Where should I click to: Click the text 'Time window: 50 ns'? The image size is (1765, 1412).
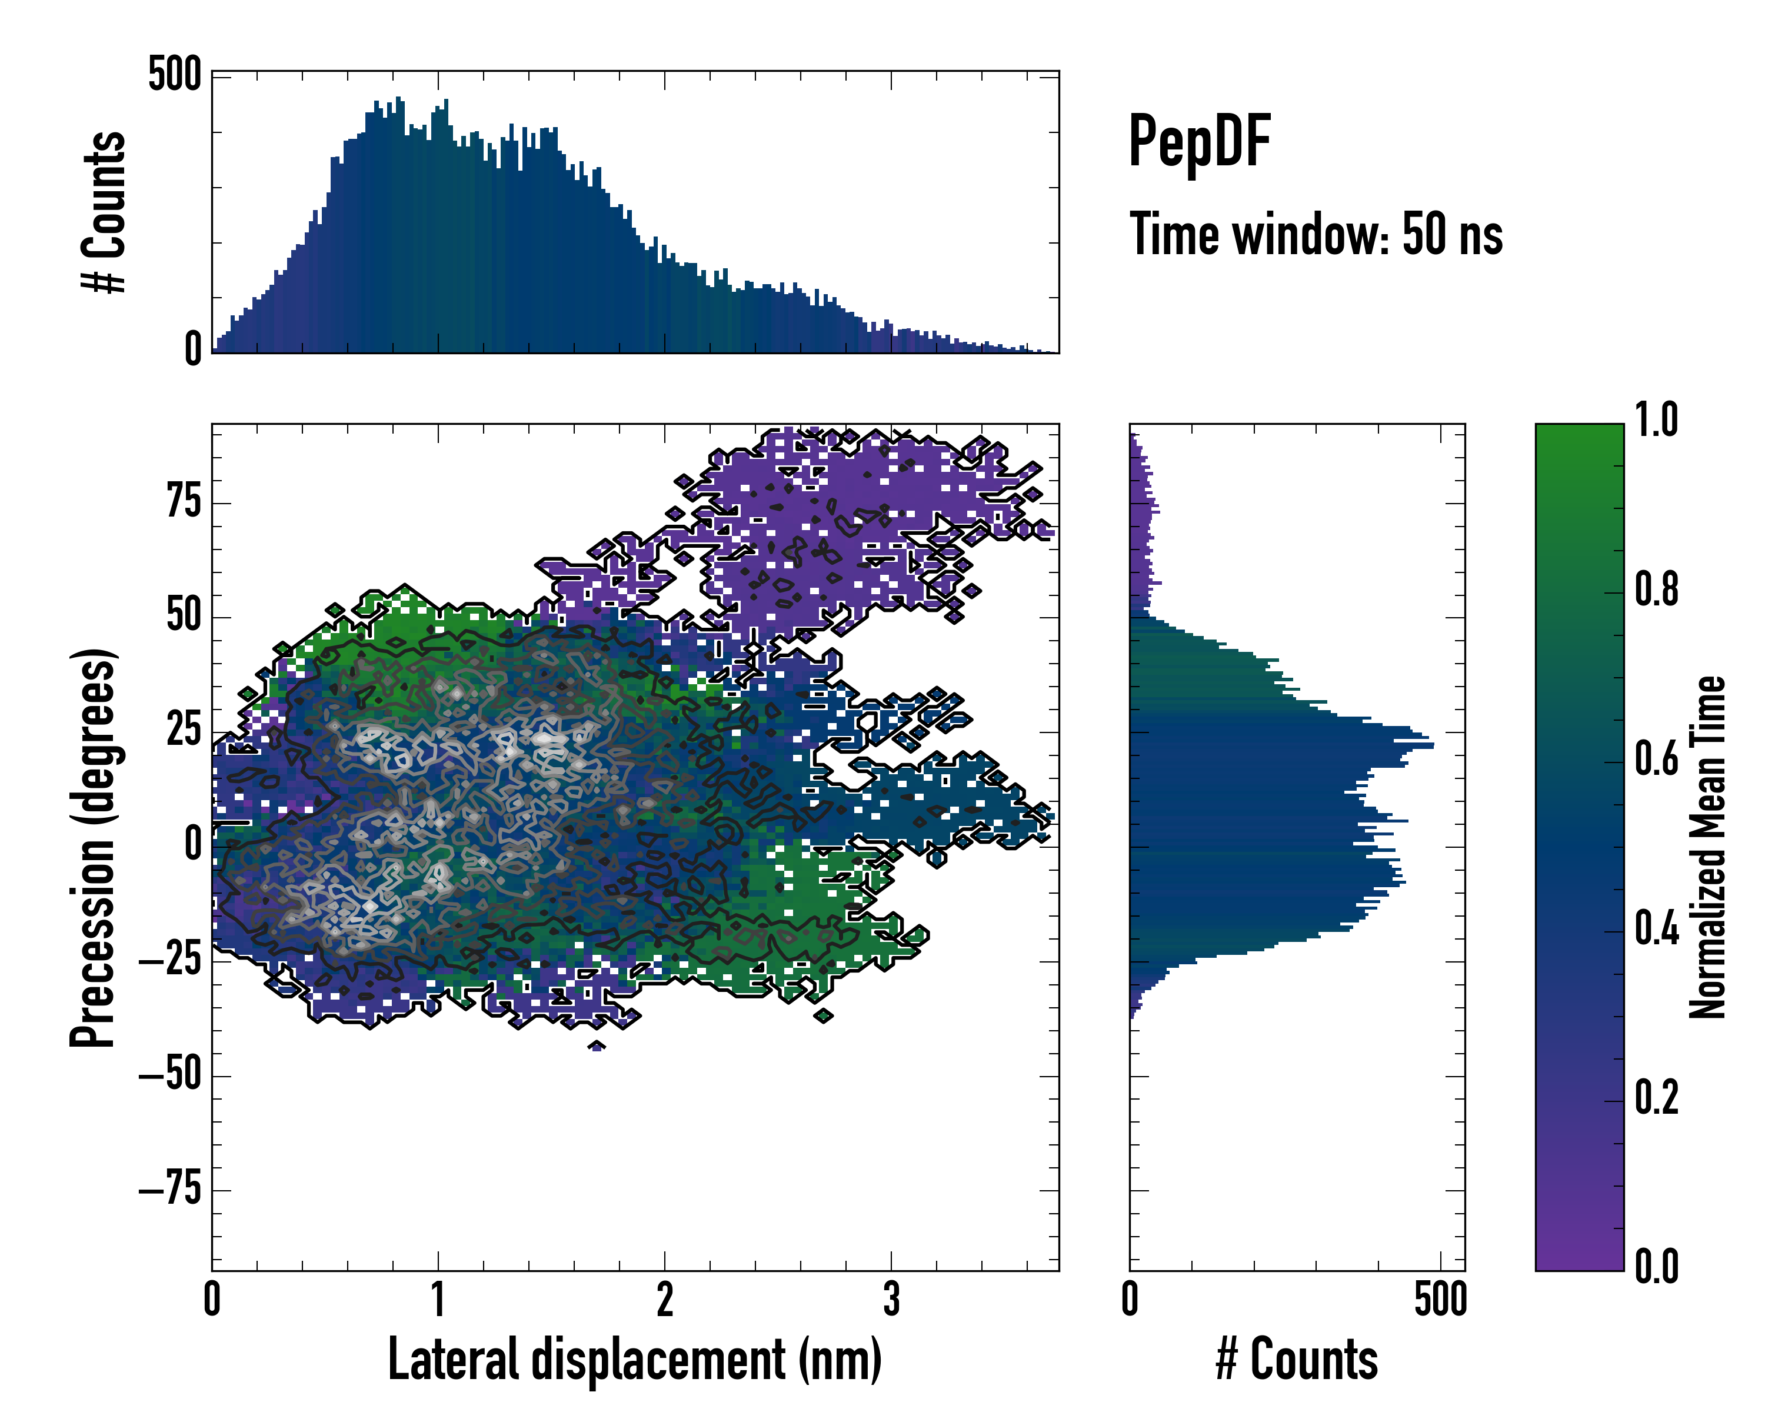[1316, 235]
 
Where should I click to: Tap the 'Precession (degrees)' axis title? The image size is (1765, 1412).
[92, 847]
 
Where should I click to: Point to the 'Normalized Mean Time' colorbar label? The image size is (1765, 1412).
[1707, 847]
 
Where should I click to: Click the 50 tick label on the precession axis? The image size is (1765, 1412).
[184, 615]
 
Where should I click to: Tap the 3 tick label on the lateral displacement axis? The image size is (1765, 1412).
[891, 1299]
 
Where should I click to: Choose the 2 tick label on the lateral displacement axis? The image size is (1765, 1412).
[665, 1299]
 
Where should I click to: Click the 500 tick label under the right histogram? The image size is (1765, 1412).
[1441, 1299]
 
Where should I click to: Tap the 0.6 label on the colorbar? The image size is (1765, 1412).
[1656, 759]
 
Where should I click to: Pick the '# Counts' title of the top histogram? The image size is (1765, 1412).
[104, 212]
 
